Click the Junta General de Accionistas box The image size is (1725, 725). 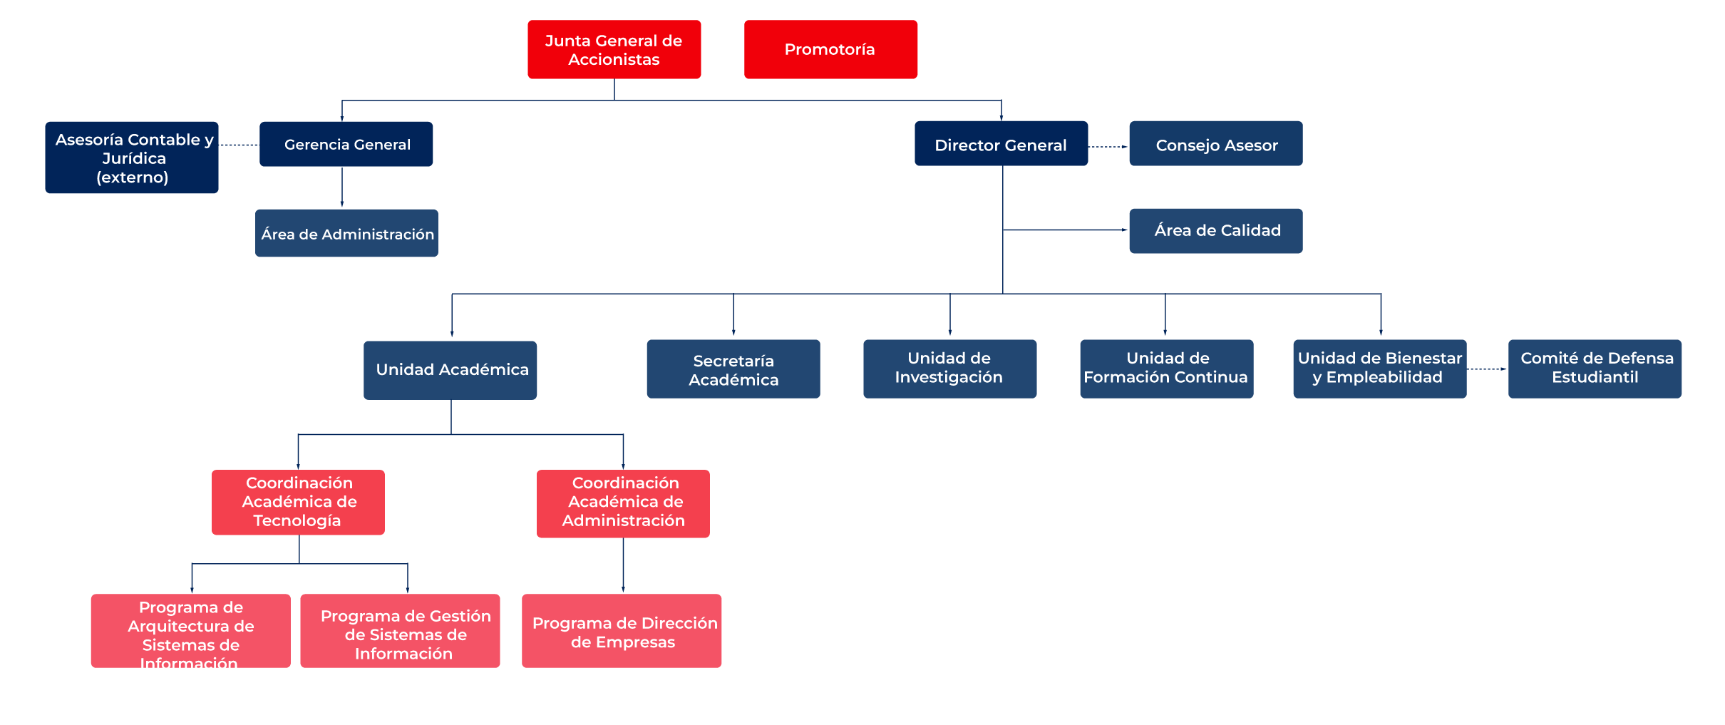pyautogui.click(x=614, y=49)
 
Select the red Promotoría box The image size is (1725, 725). pyautogui.click(x=830, y=49)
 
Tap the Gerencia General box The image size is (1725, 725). pyautogui.click(x=346, y=144)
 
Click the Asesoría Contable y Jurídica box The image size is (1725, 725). pyautogui.click(x=132, y=158)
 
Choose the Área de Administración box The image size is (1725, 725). pyautogui.click(x=346, y=233)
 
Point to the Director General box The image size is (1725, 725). pyautogui.click(x=1001, y=143)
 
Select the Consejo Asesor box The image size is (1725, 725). pyautogui.click(x=1216, y=143)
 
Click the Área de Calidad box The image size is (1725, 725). pyautogui.click(x=1216, y=231)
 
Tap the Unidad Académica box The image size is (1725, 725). pyautogui.click(x=450, y=370)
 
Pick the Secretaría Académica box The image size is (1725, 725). pyautogui.click(x=733, y=369)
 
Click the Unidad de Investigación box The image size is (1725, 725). pyautogui.click(x=950, y=369)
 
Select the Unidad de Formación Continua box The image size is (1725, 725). pyautogui.click(x=1167, y=369)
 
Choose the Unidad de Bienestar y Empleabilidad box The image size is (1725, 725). pyautogui.click(x=1380, y=369)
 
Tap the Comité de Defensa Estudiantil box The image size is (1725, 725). pyautogui.click(x=1595, y=369)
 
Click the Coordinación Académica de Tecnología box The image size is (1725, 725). pyautogui.click(x=298, y=502)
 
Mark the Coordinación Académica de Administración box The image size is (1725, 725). pyautogui.click(x=623, y=503)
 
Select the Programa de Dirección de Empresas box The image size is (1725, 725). pyautogui.click(x=622, y=631)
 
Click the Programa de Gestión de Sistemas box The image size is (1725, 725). pyautogui.click(x=400, y=631)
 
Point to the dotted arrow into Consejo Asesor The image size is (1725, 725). pyautogui.click(x=1108, y=147)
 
